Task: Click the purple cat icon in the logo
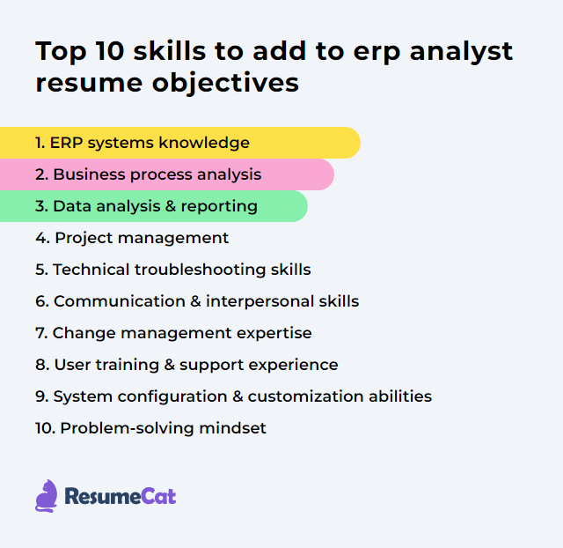tap(47, 496)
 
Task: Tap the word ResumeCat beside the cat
tap(120, 497)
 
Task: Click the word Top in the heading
tap(61, 51)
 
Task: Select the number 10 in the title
tap(110, 51)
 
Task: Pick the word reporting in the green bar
tap(220, 206)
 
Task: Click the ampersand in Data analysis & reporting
tap(171, 206)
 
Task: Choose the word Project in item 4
tap(83, 238)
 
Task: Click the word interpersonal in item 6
tap(255, 301)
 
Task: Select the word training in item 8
tap(124, 365)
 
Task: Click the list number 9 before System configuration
tap(40, 396)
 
